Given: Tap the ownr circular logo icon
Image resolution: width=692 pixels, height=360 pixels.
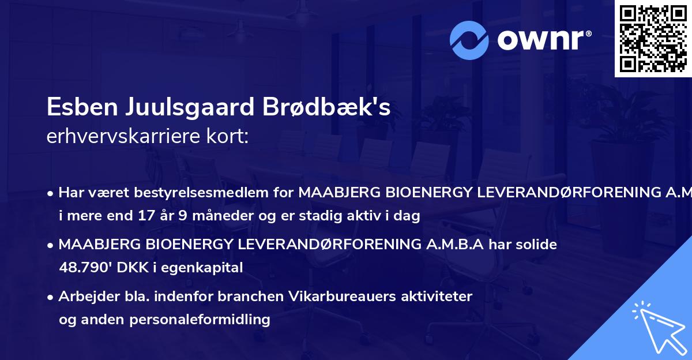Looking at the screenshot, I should click(470, 40).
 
